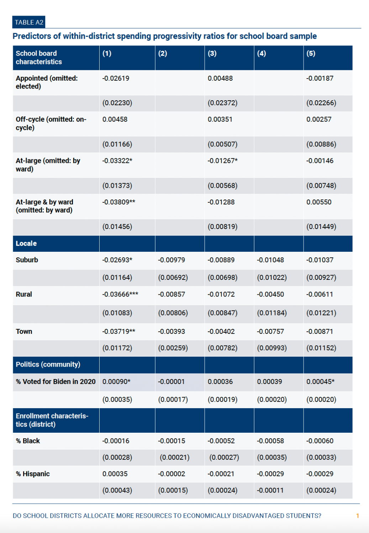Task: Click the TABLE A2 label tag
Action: coord(29,22)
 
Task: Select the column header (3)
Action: coord(212,53)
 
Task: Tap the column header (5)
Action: coord(311,53)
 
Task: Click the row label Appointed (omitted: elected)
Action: coord(46,82)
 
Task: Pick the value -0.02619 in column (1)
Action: coord(116,78)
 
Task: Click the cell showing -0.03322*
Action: coord(117,161)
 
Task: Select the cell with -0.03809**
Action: coord(118,202)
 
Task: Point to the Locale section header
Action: coord(26,244)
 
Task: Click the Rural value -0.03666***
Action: coord(120,294)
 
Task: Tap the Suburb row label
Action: coord(27,260)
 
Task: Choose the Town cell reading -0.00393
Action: coord(172,331)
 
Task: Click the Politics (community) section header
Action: coord(48,364)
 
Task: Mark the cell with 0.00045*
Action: coord(320,382)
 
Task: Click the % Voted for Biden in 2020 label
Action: coord(56,382)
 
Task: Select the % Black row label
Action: coord(28,441)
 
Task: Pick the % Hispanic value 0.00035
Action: coord(115,474)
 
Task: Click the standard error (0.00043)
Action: coord(117,490)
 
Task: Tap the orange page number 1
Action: coord(357,516)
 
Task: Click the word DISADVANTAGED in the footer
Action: coord(260,516)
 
